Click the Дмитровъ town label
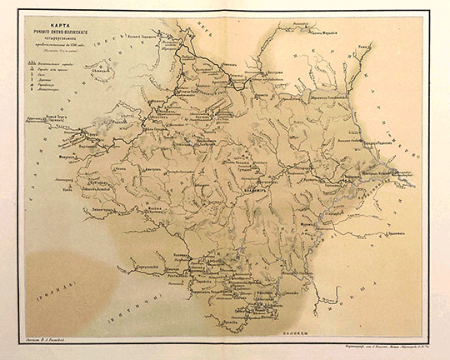coord(155,169)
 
